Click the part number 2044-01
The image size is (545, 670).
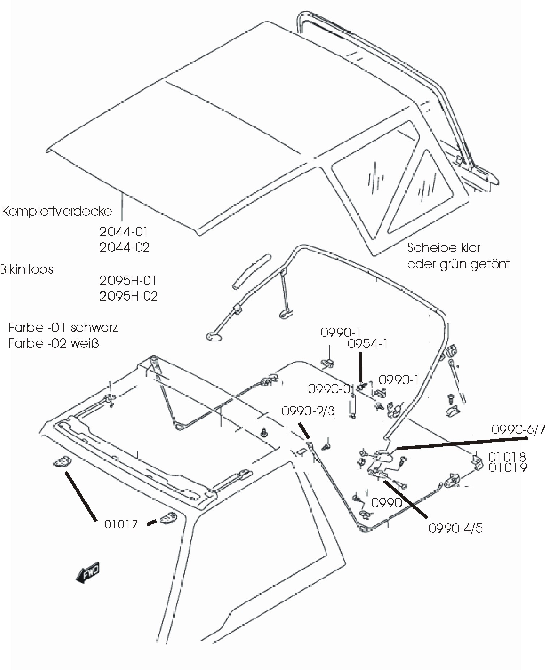pos(124,232)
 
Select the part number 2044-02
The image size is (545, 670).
pos(124,247)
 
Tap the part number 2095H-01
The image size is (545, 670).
pos(128,281)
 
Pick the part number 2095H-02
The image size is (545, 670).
pos(129,296)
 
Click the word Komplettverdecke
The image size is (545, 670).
pos(57,211)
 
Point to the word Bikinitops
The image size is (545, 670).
pos(27,269)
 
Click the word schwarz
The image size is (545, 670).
pos(94,328)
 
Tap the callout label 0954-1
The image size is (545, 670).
pos(368,344)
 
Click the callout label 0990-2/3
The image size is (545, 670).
pos(308,411)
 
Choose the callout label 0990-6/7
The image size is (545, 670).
pos(518,430)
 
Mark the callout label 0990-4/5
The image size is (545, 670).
pos(455,528)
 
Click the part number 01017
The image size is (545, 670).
pos(121,524)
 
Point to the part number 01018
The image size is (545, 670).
pos(507,457)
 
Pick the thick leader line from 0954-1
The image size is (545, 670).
pos(360,368)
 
